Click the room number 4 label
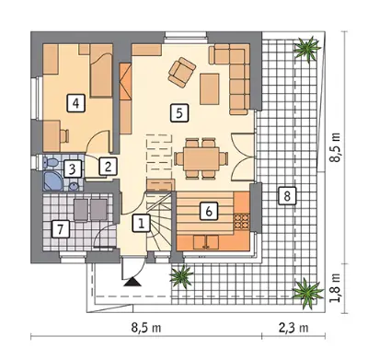(x=75, y=103)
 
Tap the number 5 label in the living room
(x=179, y=113)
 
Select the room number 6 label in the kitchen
(x=209, y=211)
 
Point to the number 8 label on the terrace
(x=287, y=196)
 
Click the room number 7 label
(x=61, y=229)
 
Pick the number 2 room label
(x=108, y=167)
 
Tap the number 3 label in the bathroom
(x=73, y=168)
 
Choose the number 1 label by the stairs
(x=142, y=223)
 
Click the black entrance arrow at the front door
(x=132, y=282)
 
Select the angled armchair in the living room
(x=182, y=72)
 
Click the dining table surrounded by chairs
(x=201, y=158)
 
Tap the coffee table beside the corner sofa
(x=210, y=89)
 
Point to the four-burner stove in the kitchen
(x=242, y=222)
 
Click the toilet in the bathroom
(x=49, y=162)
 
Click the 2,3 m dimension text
(x=293, y=328)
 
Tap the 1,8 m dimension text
(x=336, y=287)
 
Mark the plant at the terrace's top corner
(x=307, y=49)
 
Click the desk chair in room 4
(x=65, y=136)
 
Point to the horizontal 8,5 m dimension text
(x=146, y=328)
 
